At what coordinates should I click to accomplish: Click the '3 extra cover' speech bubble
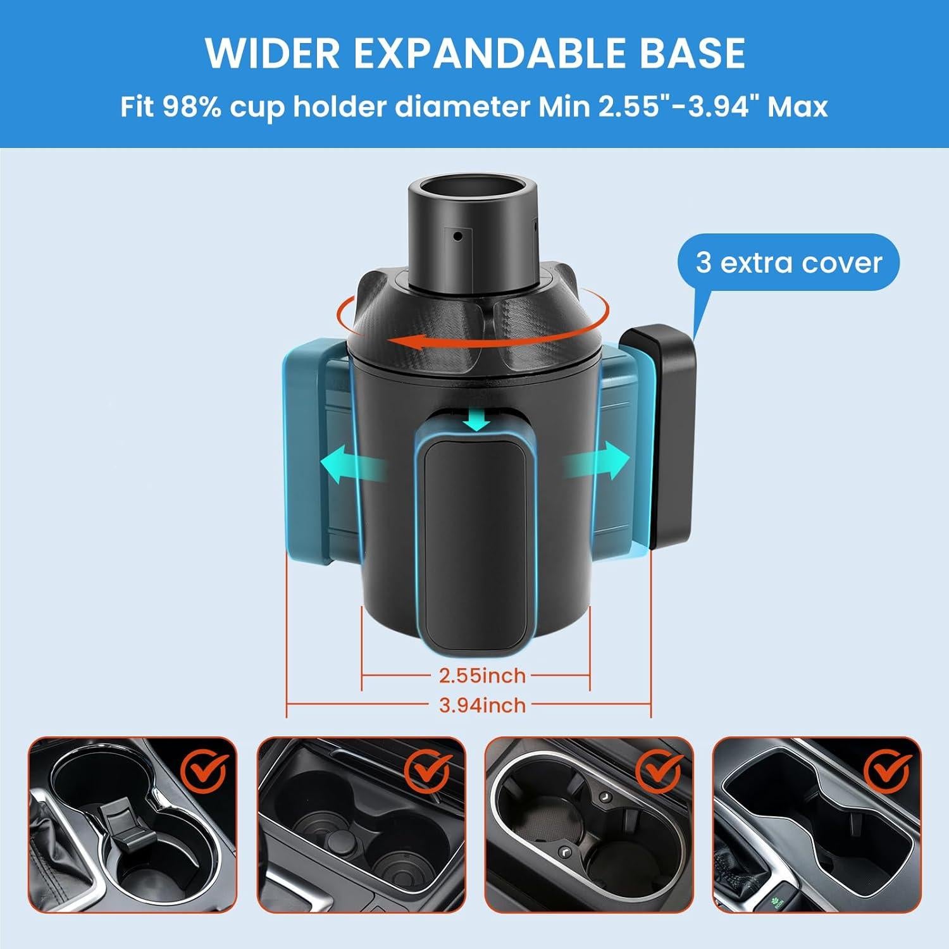[x=788, y=263]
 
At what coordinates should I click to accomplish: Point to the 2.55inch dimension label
[x=482, y=676]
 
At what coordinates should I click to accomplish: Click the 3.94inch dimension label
[x=482, y=705]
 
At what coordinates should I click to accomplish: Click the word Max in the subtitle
[x=798, y=107]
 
